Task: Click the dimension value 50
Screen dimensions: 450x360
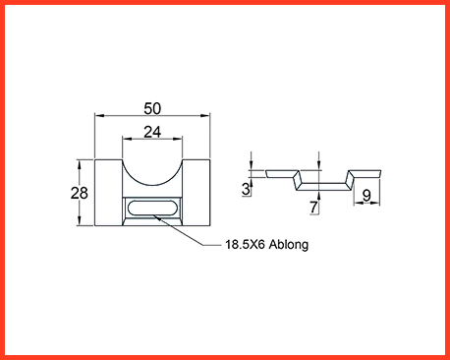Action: click(x=152, y=108)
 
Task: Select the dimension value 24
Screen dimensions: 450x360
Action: click(x=152, y=132)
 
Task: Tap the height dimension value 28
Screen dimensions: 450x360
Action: click(x=80, y=193)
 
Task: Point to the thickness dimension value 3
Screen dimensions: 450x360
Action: click(x=246, y=189)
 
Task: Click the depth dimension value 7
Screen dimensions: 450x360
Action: click(x=313, y=208)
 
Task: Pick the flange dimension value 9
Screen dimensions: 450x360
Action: click(x=366, y=196)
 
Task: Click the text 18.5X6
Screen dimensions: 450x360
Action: click(x=245, y=244)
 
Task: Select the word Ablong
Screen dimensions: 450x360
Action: click(x=289, y=245)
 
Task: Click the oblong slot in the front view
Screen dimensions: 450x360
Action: click(x=152, y=208)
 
